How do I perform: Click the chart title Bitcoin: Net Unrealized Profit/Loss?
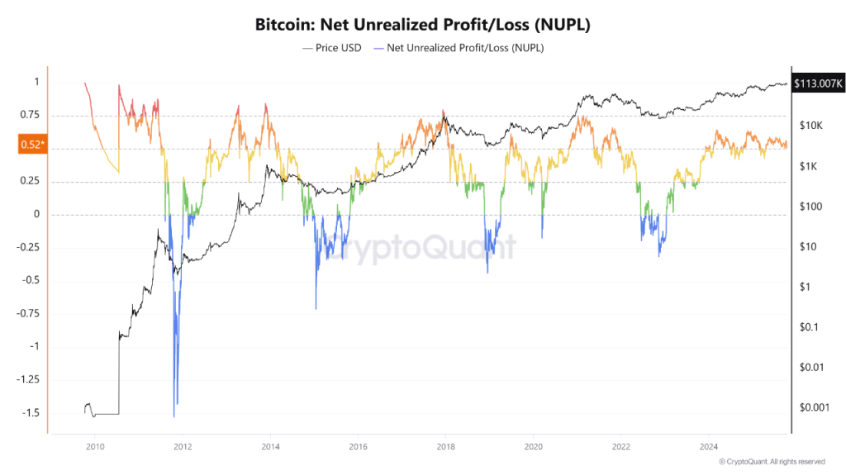(x=422, y=25)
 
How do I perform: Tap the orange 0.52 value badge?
(x=31, y=145)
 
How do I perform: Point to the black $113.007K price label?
(x=818, y=83)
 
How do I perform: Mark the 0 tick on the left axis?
(x=36, y=215)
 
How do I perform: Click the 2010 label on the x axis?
(x=95, y=446)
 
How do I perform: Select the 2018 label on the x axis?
(x=444, y=446)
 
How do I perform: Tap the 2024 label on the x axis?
(x=707, y=446)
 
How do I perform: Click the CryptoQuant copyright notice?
(x=771, y=461)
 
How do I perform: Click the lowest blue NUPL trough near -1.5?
(x=173, y=416)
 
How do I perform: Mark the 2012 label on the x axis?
(x=183, y=446)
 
